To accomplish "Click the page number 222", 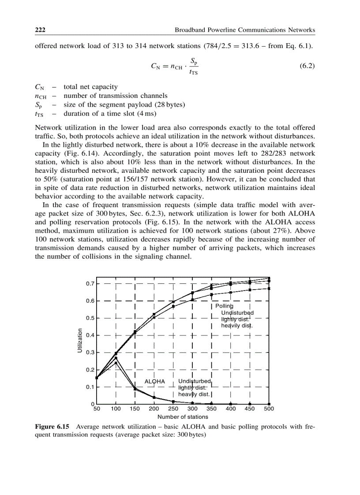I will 41,30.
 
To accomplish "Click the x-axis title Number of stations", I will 183,417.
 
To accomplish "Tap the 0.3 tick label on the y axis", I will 90,352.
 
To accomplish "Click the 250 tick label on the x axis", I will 173,409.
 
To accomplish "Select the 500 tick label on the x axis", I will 269,409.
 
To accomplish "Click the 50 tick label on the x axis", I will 97,409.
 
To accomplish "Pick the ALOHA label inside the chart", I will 155,381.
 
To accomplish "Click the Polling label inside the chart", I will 224,306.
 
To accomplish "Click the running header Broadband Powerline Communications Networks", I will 245,30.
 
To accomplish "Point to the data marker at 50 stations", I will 97,378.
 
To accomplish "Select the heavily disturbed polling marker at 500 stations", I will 269,289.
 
